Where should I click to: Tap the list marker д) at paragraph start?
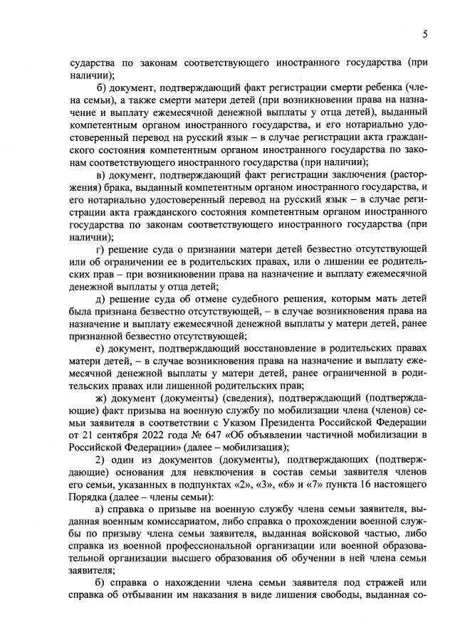click(x=100, y=298)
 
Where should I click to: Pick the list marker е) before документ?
click(x=100, y=347)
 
